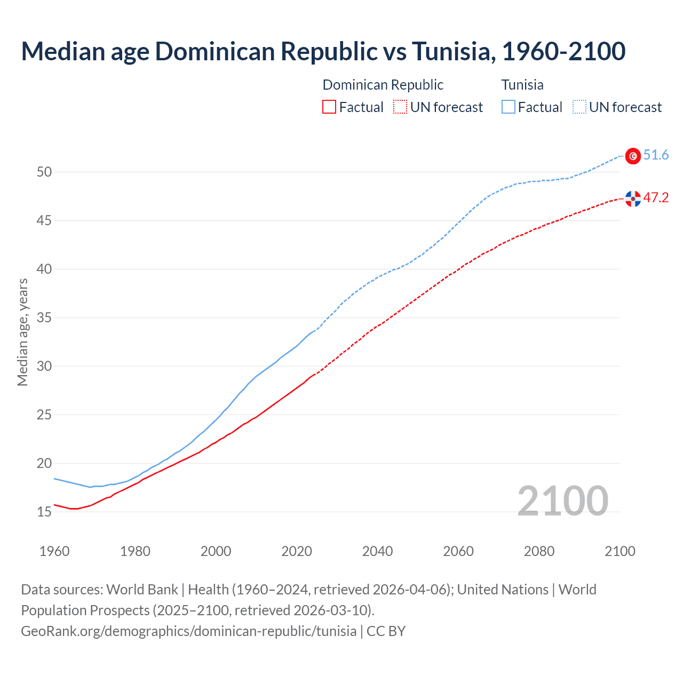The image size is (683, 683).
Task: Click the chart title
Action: click(323, 52)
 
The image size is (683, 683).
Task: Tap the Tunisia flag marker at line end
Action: click(633, 156)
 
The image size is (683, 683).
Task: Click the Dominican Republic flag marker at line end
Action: click(633, 198)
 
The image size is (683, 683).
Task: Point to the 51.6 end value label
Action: click(656, 155)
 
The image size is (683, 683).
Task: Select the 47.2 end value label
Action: click(656, 198)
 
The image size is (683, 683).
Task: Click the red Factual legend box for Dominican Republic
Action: click(329, 107)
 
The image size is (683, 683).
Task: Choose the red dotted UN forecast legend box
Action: click(400, 107)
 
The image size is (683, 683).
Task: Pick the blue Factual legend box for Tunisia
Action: click(509, 107)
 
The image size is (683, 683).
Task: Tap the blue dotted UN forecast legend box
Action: click(579, 107)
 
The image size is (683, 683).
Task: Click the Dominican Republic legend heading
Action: click(383, 85)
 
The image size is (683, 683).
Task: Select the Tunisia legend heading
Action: click(522, 85)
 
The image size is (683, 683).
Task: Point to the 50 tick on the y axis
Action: click(44, 172)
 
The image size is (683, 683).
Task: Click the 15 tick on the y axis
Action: click(44, 512)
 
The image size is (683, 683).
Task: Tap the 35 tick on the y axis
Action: click(44, 317)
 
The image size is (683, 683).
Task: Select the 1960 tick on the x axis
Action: click(54, 551)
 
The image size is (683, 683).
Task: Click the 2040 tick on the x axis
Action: click(377, 551)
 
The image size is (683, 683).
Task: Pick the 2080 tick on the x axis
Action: click(539, 551)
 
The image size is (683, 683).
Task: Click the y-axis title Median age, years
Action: click(22, 332)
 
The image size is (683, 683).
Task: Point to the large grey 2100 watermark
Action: click(562, 501)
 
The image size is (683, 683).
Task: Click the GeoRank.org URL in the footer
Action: click(188, 631)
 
